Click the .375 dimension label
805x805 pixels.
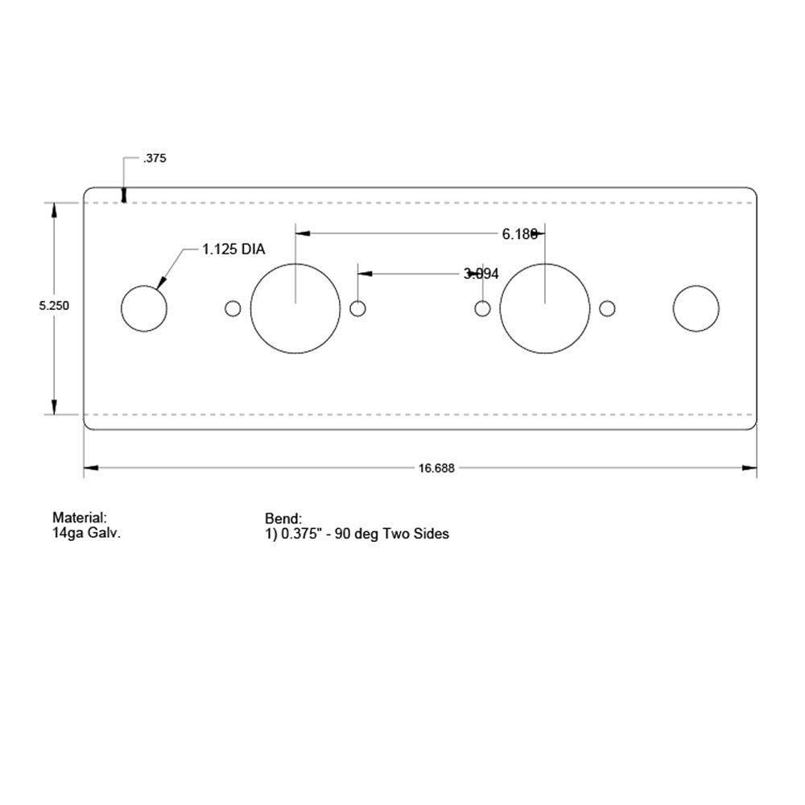coord(154,159)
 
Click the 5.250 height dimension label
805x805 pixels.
coord(55,306)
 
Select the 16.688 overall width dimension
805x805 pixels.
coord(436,469)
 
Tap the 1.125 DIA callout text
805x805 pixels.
coord(233,250)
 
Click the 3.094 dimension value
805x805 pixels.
coord(481,274)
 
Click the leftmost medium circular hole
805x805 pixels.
coord(144,308)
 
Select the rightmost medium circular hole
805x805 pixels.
coord(696,308)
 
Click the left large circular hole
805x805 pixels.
coord(295,308)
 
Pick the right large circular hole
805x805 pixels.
coord(545,308)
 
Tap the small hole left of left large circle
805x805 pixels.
coord(233,308)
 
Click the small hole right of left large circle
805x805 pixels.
coord(358,308)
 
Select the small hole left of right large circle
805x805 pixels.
coord(482,308)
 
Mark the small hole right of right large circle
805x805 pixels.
coord(608,308)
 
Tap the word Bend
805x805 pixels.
coord(283,518)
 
